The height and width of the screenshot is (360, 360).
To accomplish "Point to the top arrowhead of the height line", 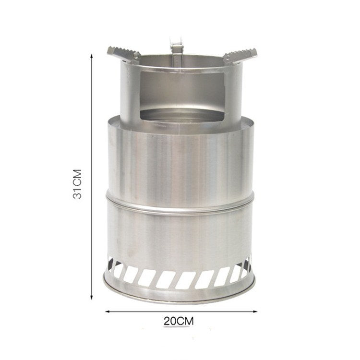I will (x=91, y=56).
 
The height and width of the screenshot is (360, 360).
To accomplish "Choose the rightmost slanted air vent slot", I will (x=247, y=267).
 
